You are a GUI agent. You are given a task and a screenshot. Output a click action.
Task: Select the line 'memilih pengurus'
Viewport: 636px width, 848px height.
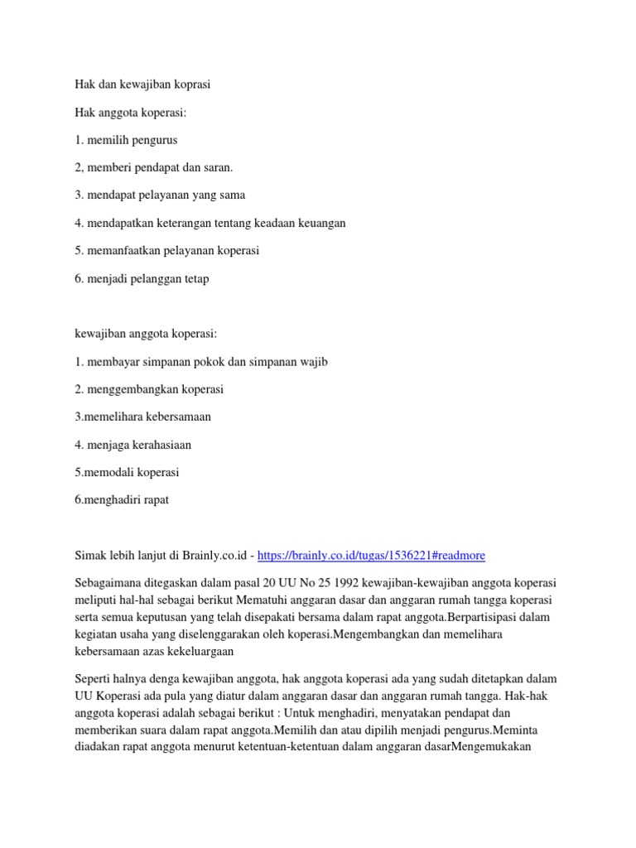126,140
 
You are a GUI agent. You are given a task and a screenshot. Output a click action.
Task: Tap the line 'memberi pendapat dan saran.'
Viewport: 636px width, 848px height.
153,167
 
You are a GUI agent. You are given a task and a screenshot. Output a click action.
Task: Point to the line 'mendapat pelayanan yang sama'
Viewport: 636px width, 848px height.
159,195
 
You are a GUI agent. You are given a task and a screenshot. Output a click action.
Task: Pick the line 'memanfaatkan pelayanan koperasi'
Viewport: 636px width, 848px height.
166,251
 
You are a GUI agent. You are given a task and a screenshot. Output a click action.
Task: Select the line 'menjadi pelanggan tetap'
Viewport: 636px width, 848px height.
141,278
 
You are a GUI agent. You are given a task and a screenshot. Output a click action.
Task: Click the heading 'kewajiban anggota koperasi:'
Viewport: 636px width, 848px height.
145,334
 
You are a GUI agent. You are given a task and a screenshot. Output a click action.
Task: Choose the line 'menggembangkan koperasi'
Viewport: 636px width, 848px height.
149,389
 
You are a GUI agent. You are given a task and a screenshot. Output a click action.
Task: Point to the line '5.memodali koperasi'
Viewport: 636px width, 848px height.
127,473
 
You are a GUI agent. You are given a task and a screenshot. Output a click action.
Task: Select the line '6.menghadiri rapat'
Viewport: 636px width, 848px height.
121,500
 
